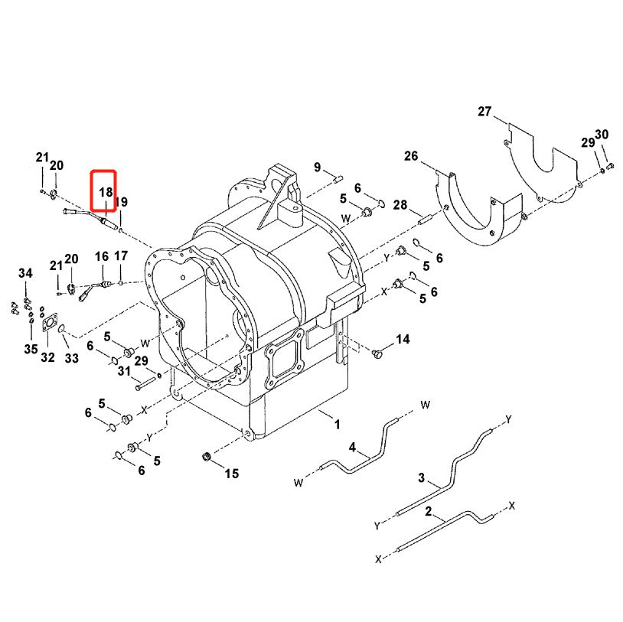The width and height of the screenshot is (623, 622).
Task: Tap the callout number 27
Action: click(x=484, y=112)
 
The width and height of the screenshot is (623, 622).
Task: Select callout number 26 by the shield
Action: click(x=411, y=157)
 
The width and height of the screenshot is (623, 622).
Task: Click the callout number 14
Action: click(x=403, y=339)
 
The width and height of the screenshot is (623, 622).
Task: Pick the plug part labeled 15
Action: click(x=205, y=458)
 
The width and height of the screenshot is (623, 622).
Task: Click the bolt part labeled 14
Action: click(x=376, y=353)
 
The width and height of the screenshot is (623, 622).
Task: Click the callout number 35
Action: click(x=30, y=350)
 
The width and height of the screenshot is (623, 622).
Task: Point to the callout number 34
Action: click(x=25, y=274)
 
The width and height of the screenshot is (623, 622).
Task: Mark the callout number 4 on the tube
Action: click(x=352, y=447)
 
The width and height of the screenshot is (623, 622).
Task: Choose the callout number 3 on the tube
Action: click(x=420, y=478)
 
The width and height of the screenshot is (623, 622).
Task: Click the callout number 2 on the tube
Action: click(x=429, y=510)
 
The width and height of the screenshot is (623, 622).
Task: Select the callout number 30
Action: click(x=602, y=135)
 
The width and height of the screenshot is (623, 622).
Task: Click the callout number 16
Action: click(x=102, y=256)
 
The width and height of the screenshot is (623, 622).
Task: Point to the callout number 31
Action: click(x=124, y=371)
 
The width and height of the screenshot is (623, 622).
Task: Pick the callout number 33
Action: click(x=71, y=357)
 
